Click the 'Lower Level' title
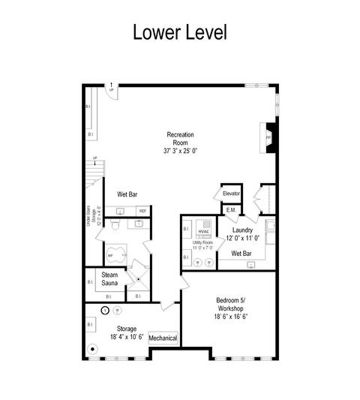coord(179,32)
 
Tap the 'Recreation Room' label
coord(180,139)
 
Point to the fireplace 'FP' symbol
coord(268,138)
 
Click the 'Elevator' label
coord(231,194)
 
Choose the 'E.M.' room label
coord(231,211)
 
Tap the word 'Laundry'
coord(242,230)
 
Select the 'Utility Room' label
coord(202,244)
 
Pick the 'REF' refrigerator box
coord(142,211)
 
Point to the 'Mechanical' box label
coord(163,338)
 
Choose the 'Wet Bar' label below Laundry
coord(241,254)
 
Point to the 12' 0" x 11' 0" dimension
coord(241,239)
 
